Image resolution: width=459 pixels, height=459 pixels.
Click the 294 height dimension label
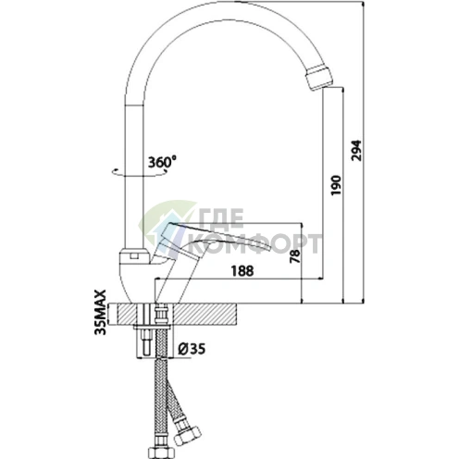click(x=356, y=151)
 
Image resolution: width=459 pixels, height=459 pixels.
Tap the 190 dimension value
click(x=336, y=185)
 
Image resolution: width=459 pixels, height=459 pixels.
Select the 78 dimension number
click(x=295, y=255)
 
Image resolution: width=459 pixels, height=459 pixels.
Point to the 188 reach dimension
click(x=242, y=271)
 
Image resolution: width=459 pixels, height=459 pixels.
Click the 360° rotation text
click(x=162, y=162)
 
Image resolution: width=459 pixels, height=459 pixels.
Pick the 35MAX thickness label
click(x=101, y=312)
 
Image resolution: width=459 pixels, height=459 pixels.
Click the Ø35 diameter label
click(x=192, y=349)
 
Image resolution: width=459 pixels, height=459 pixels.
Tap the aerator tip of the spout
click(x=319, y=77)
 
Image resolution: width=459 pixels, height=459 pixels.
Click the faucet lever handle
click(x=213, y=238)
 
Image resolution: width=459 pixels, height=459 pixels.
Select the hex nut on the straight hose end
click(x=160, y=453)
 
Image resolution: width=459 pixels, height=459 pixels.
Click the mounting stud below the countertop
click(x=146, y=341)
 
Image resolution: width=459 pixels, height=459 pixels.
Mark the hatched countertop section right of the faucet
click(x=205, y=315)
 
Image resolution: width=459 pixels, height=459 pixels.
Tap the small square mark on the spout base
click(x=134, y=255)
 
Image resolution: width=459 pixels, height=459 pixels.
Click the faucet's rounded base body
click(x=136, y=276)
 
